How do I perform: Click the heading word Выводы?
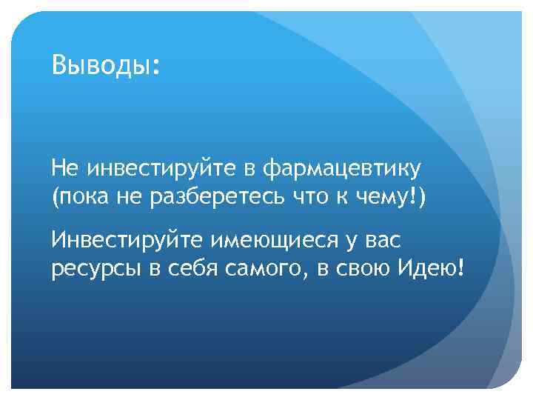[101, 66]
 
